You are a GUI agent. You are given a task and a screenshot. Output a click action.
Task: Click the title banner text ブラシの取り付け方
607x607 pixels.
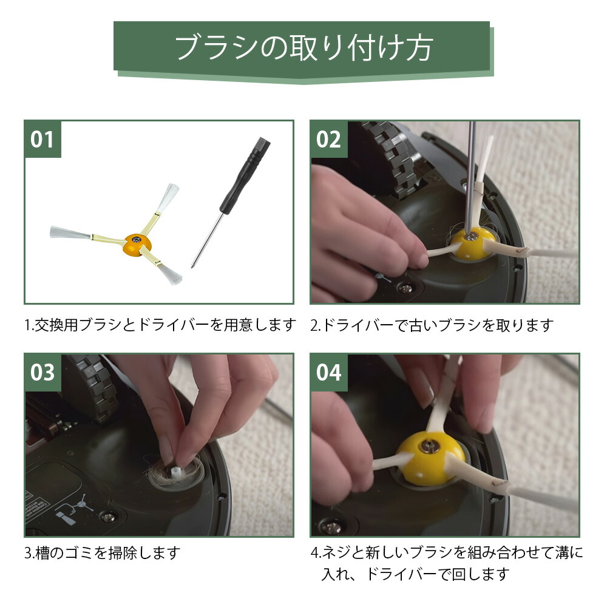click(x=304, y=48)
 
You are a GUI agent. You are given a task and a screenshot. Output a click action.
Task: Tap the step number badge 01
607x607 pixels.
click(x=42, y=140)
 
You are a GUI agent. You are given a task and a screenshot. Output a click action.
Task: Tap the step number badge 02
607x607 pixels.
click(x=328, y=140)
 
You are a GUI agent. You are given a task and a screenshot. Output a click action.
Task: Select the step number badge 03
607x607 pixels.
click(x=42, y=373)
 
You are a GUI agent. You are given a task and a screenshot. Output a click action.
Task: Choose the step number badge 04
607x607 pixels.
click(x=328, y=373)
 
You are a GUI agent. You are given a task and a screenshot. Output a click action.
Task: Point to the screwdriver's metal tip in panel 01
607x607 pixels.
click(x=193, y=266)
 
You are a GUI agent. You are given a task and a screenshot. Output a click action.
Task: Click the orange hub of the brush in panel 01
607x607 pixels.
click(x=137, y=244)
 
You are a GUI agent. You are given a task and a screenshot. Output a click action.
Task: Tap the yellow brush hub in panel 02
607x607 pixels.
click(x=473, y=243)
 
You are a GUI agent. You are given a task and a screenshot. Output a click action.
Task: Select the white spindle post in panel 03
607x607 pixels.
click(x=176, y=473)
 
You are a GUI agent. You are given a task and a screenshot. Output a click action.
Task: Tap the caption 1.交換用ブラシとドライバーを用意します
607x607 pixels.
click(x=160, y=324)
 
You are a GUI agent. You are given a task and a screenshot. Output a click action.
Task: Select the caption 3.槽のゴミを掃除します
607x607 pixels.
click(x=103, y=552)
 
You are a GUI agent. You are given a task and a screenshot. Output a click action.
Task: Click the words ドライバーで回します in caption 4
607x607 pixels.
click(x=438, y=574)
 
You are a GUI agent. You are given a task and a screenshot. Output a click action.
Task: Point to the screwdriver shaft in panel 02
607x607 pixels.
click(x=470, y=177)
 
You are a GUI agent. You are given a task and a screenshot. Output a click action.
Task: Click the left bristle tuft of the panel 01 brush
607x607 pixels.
click(x=70, y=232)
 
